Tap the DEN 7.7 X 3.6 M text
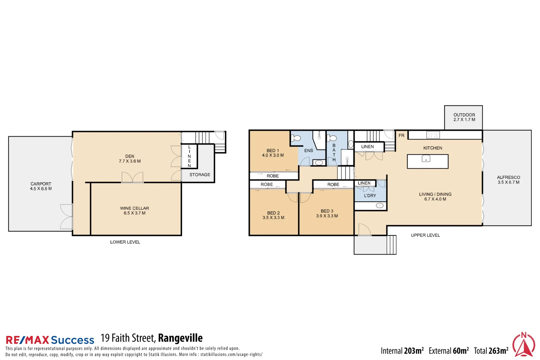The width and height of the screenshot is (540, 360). point(130,159)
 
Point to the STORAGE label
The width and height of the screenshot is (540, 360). point(200,175)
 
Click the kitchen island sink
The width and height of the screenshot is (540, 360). point(426,159)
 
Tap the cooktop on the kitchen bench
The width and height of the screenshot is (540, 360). point(433,135)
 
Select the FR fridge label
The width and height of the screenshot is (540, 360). point(401,135)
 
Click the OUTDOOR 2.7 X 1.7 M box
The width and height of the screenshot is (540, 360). point(464,117)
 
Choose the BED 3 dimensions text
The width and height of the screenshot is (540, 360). point(327,216)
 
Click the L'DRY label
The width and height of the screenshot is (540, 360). point(370,196)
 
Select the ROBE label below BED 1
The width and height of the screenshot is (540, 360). point(273,176)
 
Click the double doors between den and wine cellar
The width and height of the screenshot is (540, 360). point(132,177)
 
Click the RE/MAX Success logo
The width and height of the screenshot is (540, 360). point(50,340)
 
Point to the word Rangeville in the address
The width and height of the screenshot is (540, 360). point(180,338)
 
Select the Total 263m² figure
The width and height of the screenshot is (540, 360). point(491,351)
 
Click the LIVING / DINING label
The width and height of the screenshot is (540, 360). point(435,196)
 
